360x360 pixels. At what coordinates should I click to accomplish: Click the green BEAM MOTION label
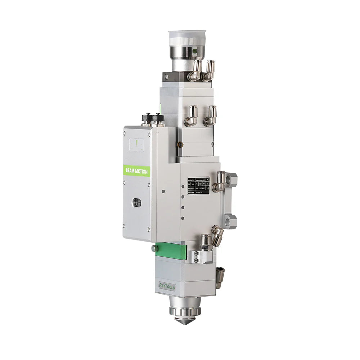click(136, 171)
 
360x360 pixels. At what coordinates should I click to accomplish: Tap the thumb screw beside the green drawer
click(154, 248)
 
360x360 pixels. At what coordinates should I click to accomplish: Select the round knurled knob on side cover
click(137, 203)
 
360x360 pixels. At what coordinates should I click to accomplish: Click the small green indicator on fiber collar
click(195, 51)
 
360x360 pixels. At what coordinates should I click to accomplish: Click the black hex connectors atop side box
click(153, 118)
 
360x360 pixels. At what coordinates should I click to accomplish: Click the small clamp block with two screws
click(196, 257)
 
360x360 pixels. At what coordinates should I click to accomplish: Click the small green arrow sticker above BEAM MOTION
click(136, 144)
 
